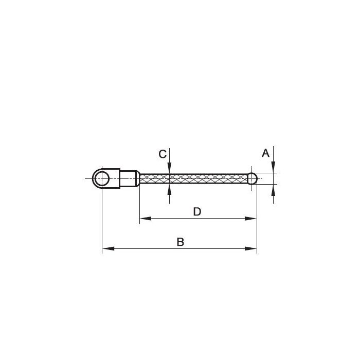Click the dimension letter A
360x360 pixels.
click(265, 153)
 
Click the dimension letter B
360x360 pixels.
click(181, 242)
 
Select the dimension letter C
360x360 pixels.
click(163, 154)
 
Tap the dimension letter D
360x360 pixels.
click(197, 212)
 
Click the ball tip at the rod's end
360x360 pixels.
click(252, 178)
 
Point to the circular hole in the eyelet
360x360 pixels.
click(102, 178)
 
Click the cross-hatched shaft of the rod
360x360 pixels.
click(193, 178)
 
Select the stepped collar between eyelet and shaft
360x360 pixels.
click(130, 178)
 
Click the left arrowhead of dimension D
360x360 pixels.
click(146, 219)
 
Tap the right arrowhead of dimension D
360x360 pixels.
click(251, 219)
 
